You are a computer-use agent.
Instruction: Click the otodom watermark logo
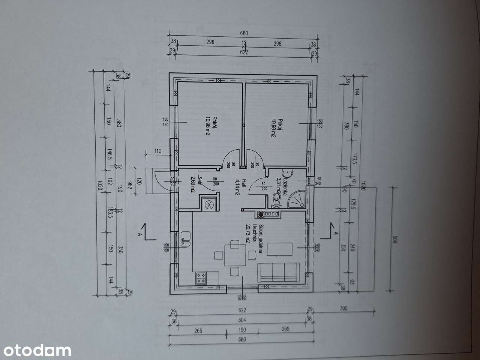(36, 350)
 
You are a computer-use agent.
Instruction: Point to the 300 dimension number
(343, 309)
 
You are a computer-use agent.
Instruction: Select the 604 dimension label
(242, 320)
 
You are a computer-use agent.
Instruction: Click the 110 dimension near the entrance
(157, 151)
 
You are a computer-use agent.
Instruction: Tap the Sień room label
(200, 181)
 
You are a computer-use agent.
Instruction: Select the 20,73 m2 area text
(248, 234)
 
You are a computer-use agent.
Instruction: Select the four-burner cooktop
(201, 277)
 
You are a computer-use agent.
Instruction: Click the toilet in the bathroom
(277, 198)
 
